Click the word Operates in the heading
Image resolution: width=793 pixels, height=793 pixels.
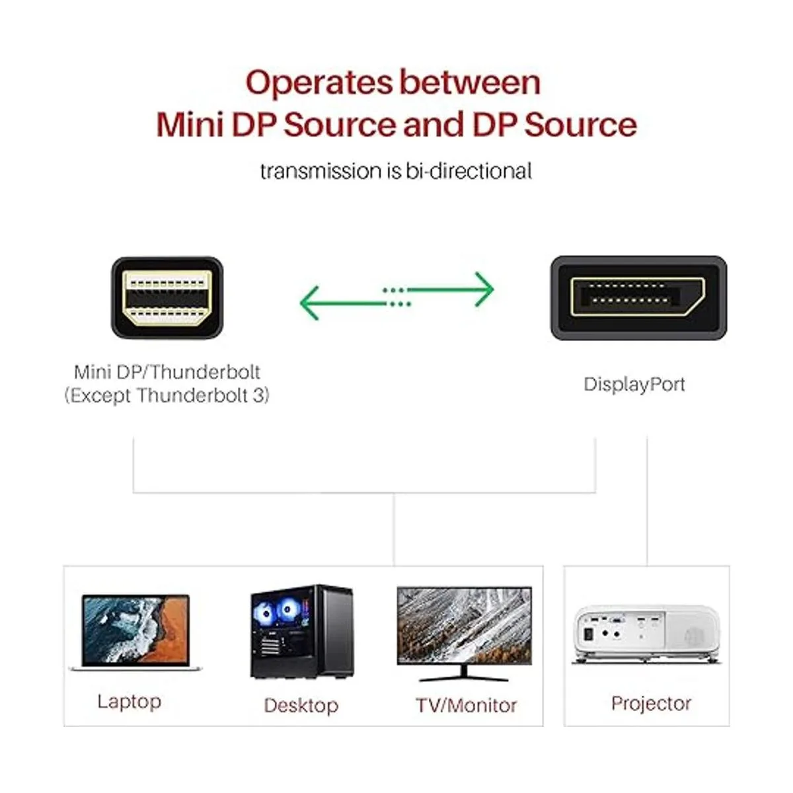(319, 83)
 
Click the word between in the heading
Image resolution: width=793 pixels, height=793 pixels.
(470, 83)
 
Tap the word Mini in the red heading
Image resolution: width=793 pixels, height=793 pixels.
(189, 125)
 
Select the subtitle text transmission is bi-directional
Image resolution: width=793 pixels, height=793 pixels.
(396, 171)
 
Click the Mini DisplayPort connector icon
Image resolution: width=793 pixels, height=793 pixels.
(167, 297)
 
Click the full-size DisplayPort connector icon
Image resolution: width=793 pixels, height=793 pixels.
(638, 297)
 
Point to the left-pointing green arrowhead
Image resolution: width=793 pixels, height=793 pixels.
(310, 303)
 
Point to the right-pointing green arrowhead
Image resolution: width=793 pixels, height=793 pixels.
(484, 289)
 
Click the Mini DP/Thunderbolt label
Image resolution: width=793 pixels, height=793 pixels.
(167, 372)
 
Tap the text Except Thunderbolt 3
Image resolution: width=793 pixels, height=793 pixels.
(167, 396)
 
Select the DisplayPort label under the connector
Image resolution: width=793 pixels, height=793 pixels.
(634, 385)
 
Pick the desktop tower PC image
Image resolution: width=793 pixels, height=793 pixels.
(301, 632)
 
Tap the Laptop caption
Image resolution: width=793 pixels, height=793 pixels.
(129, 701)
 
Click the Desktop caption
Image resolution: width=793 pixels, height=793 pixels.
(301, 705)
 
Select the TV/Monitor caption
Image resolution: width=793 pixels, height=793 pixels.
(466, 705)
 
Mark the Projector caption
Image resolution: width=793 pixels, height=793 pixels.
(651, 703)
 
